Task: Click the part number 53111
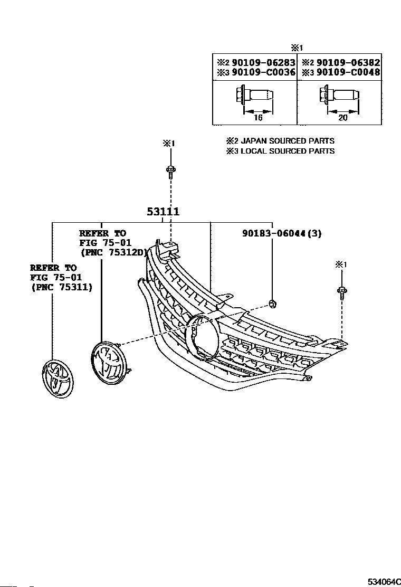click(x=163, y=212)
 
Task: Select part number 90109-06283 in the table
click(x=263, y=62)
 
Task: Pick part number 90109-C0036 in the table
click(x=263, y=72)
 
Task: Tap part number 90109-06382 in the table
click(x=348, y=62)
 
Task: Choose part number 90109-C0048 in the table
click(x=348, y=72)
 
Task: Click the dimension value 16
click(x=258, y=118)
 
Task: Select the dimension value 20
click(x=342, y=118)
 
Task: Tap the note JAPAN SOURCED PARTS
click(x=287, y=141)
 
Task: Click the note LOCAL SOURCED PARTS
click(x=287, y=152)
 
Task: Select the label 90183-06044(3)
click(x=282, y=234)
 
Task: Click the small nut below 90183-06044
click(x=272, y=304)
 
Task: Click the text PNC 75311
click(x=61, y=288)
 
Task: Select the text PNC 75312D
click(x=113, y=253)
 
